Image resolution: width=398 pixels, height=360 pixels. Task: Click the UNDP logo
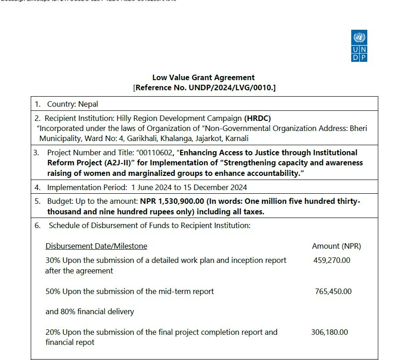(x=359, y=46)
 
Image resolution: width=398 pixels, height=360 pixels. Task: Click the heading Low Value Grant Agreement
(x=203, y=77)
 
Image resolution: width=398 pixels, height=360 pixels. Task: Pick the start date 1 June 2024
(x=153, y=187)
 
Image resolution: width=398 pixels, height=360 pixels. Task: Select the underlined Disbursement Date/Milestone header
(x=96, y=246)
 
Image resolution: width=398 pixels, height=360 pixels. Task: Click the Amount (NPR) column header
(x=336, y=246)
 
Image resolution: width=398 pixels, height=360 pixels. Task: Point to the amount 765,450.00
(x=333, y=291)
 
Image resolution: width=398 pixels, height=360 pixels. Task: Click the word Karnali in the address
(x=236, y=138)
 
